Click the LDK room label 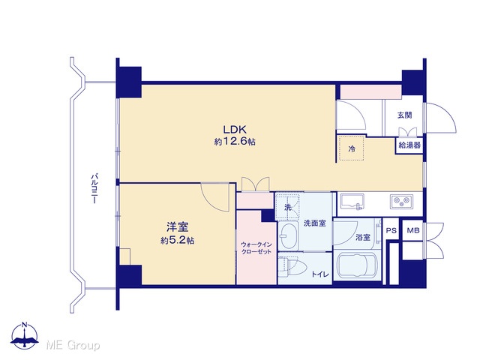pyautogui.click(x=235, y=130)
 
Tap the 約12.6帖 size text pyautogui.click(x=235, y=142)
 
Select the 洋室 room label pyautogui.click(x=177, y=227)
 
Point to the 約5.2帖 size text pyautogui.click(x=177, y=241)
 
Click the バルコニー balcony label pyautogui.click(x=94, y=188)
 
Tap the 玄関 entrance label pyautogui.click(x=405, y=115)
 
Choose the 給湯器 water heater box pyautogui.click(x=409, y=145)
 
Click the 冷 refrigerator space pyautogui.click(x=352, y=149)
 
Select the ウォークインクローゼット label pyautogui.click(x=256, y=248)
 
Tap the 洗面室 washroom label pyautogui.click(x=315, y=223)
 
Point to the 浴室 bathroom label pyautogui.click(x=363, y=237)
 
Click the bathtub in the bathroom pyautogui.click(x=357, y=266)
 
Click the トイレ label pyautogui.click(x=320, y=274)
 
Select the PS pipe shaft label pyautogui.click(x=391, y=230)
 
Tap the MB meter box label pyautogui.click(x=413, y=230)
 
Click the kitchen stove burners pyautogui.click(x=401, y=202)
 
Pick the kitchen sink pyautogui.click(x=352, y=202)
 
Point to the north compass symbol pyautogui.click(x=25, y=335)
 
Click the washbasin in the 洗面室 pyautogui.click(x=289, y=235)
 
